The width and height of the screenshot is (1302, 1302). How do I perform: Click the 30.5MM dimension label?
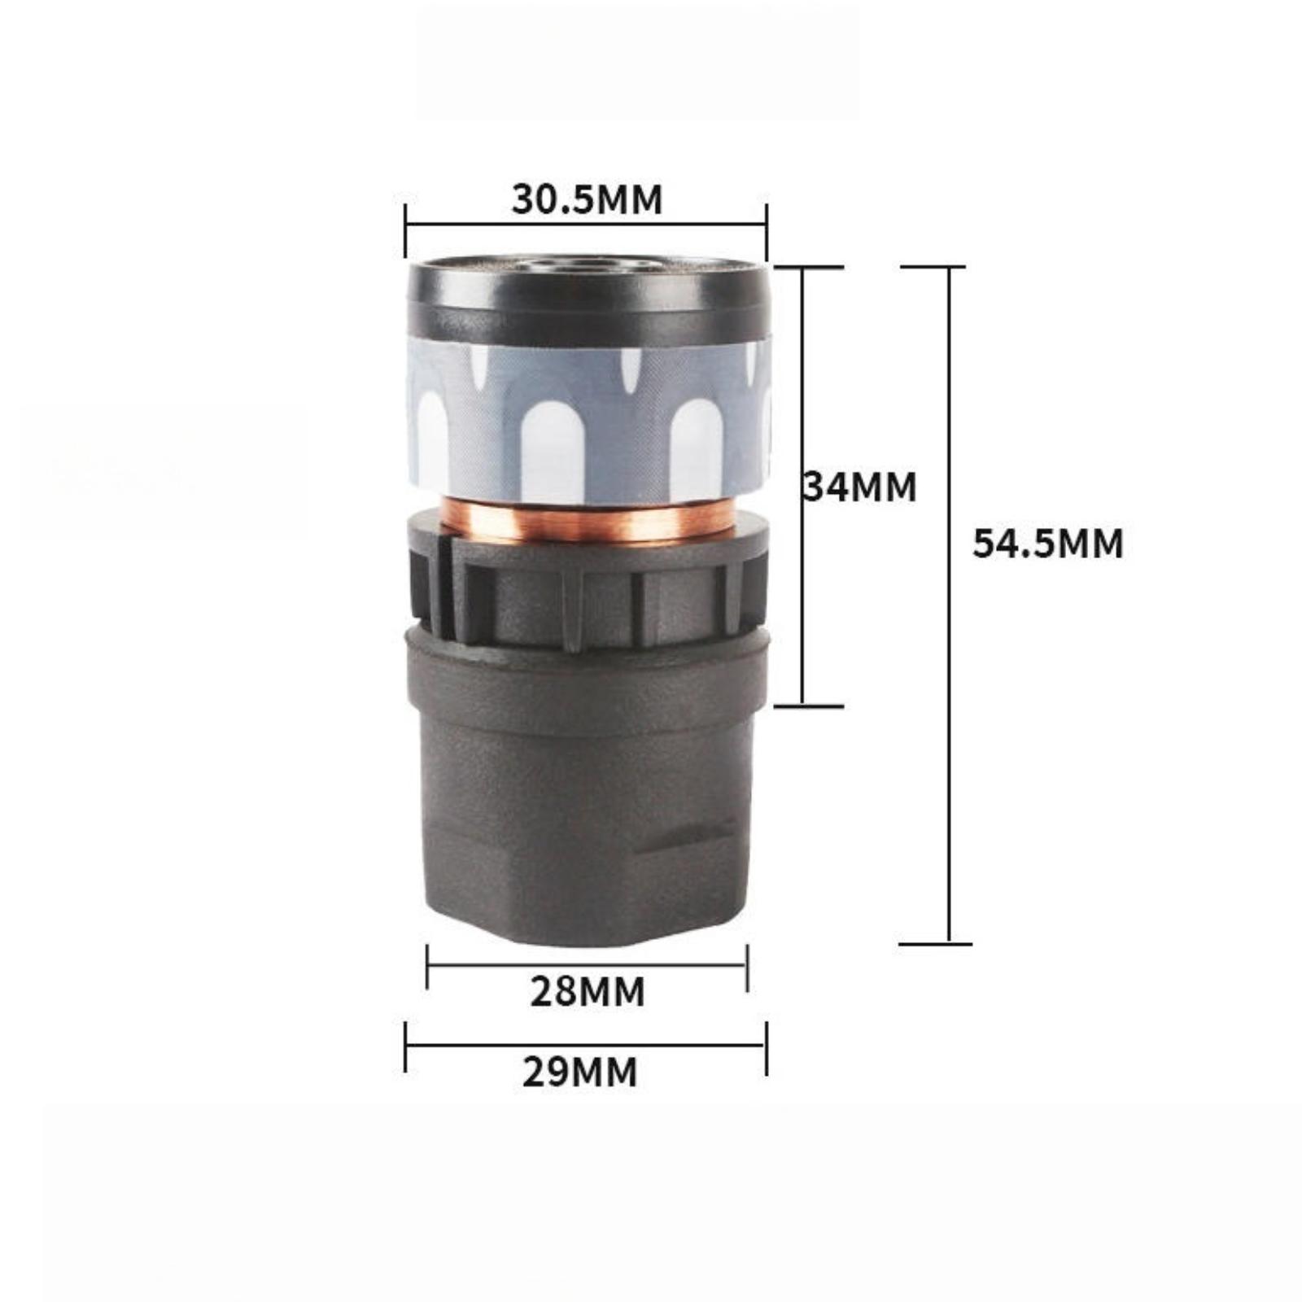(x=587, y=199)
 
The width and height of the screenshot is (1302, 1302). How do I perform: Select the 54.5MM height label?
(x=1047, y=543)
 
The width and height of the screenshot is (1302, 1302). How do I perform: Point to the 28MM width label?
(x=587, y=991)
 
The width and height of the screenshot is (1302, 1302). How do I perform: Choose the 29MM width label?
(x=580, y=1072)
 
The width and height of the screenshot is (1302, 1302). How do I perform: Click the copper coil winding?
(x=588, y=520)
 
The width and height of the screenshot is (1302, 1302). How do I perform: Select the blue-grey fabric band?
(x=588, y=422)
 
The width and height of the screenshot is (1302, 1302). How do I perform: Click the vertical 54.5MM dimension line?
(x=949, y=605)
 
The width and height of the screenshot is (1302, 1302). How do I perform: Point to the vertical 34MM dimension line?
(x=803, y=486)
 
